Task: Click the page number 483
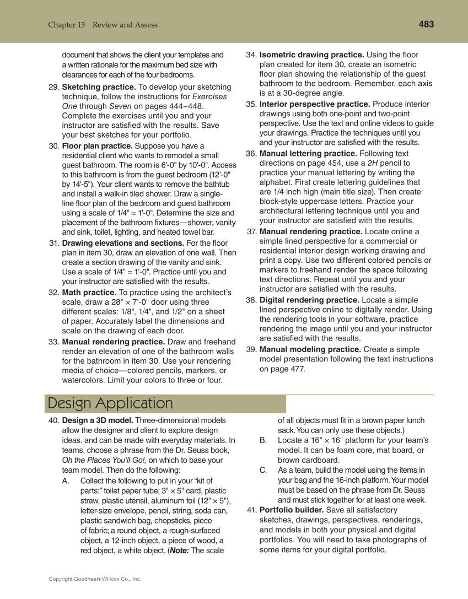426,24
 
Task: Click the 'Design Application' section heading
110,403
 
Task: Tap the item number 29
54,87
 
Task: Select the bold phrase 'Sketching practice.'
99,87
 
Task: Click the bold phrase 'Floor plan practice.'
97,146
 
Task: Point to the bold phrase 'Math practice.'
89,292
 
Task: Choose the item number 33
54,342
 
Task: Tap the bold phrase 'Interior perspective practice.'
315,104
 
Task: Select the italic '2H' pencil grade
373,163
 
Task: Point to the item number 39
251,349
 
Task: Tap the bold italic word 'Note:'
179,549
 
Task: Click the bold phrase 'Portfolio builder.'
292,510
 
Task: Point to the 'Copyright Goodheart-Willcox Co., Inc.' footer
95,579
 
